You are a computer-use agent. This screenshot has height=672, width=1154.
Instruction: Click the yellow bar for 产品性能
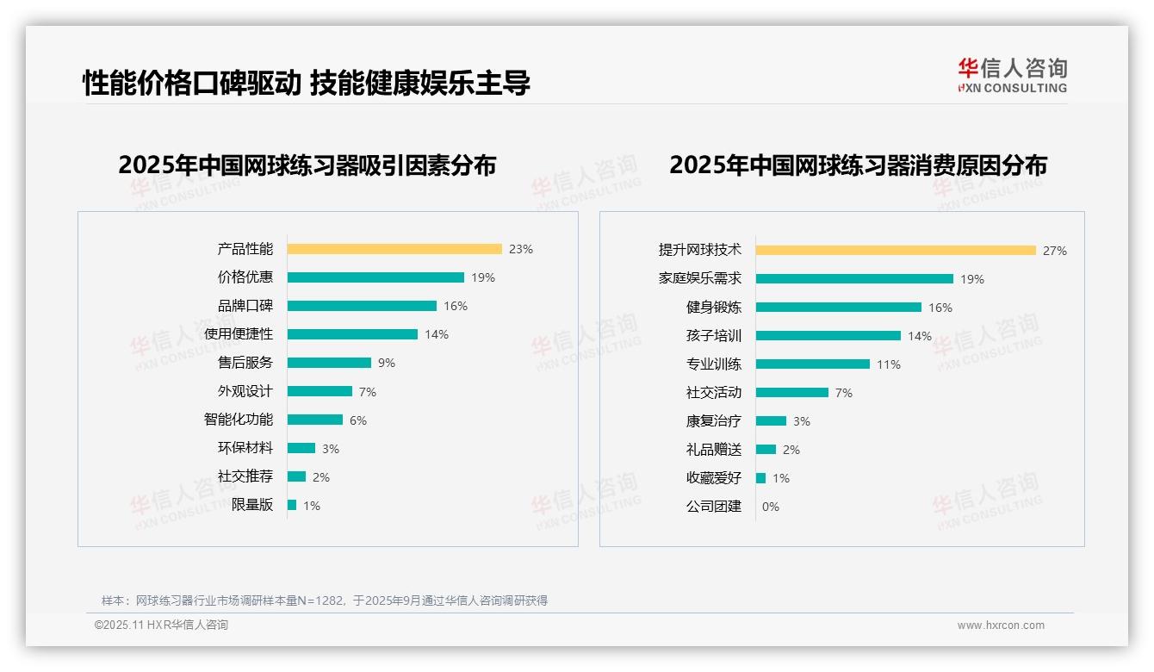coord(394,249)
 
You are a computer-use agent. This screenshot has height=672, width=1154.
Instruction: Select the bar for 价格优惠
coord(375,277)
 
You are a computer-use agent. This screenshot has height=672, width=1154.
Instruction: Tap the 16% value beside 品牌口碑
coord(456,306)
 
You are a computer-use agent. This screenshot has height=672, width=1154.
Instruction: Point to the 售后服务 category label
coord(245,363)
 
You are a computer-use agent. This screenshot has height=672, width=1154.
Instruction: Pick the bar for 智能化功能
coord(314,420)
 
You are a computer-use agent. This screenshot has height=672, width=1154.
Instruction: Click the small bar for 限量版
coord(292,505)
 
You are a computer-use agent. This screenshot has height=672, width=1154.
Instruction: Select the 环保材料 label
coord(245,448)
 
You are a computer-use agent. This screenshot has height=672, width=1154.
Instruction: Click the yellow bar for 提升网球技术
coord(896,251)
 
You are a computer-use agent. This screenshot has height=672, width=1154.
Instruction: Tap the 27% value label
coord(1055,251)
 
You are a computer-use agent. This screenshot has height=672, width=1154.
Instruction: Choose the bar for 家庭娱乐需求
coord(854,279)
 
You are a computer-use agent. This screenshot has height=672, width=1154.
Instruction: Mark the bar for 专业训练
coord(813,364)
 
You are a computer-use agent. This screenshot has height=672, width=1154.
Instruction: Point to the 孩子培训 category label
coord(713,336)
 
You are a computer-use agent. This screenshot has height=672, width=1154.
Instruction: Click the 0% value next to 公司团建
coord(771,507)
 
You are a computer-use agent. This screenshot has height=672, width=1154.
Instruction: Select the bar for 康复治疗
coord(772,421)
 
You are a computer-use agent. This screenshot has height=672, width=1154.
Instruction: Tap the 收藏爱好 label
coord(713,478)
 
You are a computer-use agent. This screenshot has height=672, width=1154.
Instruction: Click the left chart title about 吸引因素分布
coord(307,165)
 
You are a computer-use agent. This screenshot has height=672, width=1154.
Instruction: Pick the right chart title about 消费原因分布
coord(858,165)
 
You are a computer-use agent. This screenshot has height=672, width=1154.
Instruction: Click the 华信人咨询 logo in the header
coord(1012,76)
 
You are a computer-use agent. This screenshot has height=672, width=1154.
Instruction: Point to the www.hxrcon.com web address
coord(1001,625)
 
